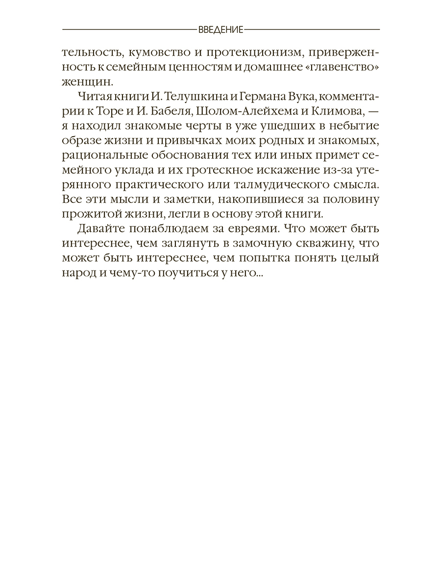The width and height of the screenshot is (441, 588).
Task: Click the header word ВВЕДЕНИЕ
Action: (220, 29)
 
